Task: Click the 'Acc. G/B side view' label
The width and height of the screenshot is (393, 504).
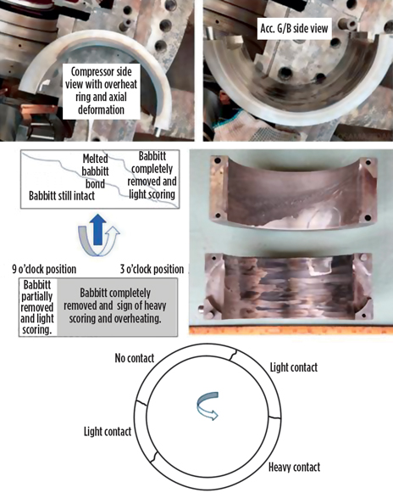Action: tap(294, 28)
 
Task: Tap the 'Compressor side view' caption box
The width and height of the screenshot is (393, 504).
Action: tap(102, 91)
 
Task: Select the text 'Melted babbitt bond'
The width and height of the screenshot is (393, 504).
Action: tap(95, 171)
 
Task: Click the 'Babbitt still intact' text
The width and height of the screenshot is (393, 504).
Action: tap(62, 196)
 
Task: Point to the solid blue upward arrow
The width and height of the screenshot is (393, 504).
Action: tap(97, 229)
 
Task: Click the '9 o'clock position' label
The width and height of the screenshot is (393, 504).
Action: tap(44, 269)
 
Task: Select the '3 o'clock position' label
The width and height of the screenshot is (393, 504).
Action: tap(152, 269)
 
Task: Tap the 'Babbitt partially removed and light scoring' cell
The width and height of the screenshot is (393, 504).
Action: tap(37, 307)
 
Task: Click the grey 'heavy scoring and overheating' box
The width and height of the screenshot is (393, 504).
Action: tap(117, 307)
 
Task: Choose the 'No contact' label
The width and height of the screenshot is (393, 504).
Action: tap(135, 358)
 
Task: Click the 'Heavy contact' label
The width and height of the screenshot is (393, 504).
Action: tap(294, 467)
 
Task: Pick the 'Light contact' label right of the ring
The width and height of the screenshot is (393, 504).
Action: tap(294, 367)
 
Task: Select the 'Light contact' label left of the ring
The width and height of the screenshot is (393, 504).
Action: tap(108, 431)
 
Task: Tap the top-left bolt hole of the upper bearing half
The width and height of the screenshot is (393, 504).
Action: tap(218, 160)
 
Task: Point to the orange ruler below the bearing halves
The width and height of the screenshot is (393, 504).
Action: tap(291, 330)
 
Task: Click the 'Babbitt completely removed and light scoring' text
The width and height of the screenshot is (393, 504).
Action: tap(152, 175)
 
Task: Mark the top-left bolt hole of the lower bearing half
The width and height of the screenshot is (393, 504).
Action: tap(212, 257)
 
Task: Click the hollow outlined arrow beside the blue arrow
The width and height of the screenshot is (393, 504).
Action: tap(111, 239)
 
